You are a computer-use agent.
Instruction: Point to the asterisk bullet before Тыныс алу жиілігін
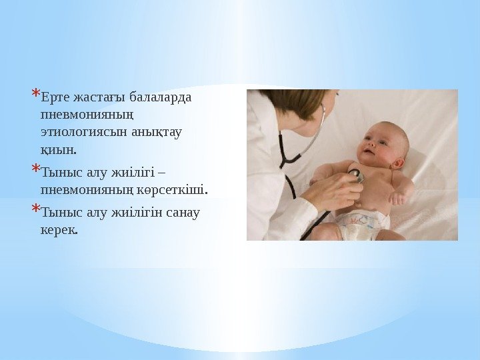(x=35, y=209)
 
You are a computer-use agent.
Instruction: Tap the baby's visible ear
(x=398, y=163)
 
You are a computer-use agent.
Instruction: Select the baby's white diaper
(x=363, y=223)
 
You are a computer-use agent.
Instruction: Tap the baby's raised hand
(x=398, y=198)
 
